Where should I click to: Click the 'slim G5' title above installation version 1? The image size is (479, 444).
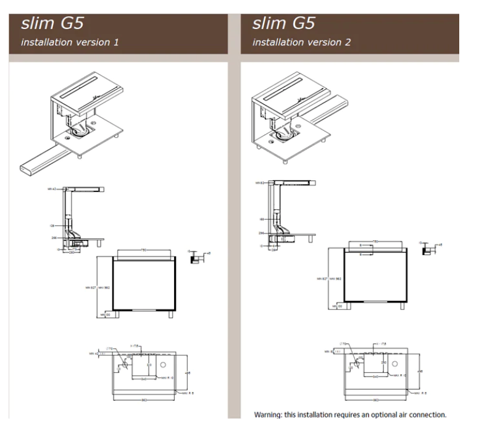click(x=52, y=24)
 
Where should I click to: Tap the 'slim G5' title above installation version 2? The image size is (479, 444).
click(x=283, y=24)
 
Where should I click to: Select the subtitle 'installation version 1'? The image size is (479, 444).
click(x=70, y=43)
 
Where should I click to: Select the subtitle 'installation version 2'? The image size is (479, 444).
click(x=302, y=43)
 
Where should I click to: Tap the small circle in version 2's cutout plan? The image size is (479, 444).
click(x=395, y=363)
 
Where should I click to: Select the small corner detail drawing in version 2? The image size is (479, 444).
click(x=427, y=250)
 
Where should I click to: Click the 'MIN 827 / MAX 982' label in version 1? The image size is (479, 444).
click(x=97, y=287)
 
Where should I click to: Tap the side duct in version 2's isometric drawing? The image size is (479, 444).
click(x=327, y=111)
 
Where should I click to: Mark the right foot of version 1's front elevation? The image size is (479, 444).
click(x=170, y=313)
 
